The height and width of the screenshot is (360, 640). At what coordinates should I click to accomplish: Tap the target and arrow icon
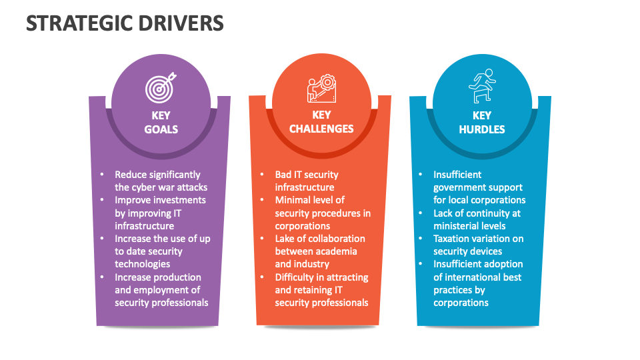[161, 86]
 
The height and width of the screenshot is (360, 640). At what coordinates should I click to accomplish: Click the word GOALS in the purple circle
[161, 129]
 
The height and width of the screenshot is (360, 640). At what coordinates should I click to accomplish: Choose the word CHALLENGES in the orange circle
[321, 129]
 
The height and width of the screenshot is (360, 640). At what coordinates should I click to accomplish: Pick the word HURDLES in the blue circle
[482, 129]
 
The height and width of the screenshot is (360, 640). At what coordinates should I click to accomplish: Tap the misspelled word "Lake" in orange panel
[287, 239]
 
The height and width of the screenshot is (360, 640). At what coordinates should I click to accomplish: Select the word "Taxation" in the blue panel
[453, 239]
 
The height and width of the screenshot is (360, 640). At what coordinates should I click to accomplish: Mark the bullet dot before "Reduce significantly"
[102, 175]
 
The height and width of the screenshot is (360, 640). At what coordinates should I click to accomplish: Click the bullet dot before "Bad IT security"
[262, 175]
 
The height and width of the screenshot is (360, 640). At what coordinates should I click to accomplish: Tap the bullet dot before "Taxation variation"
[421, 239]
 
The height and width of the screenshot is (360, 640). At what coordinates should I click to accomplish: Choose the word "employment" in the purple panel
[164, 290]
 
